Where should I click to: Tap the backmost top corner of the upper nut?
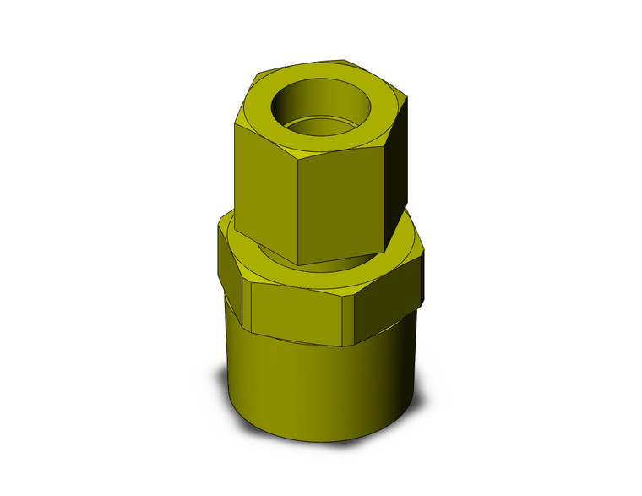345,60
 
